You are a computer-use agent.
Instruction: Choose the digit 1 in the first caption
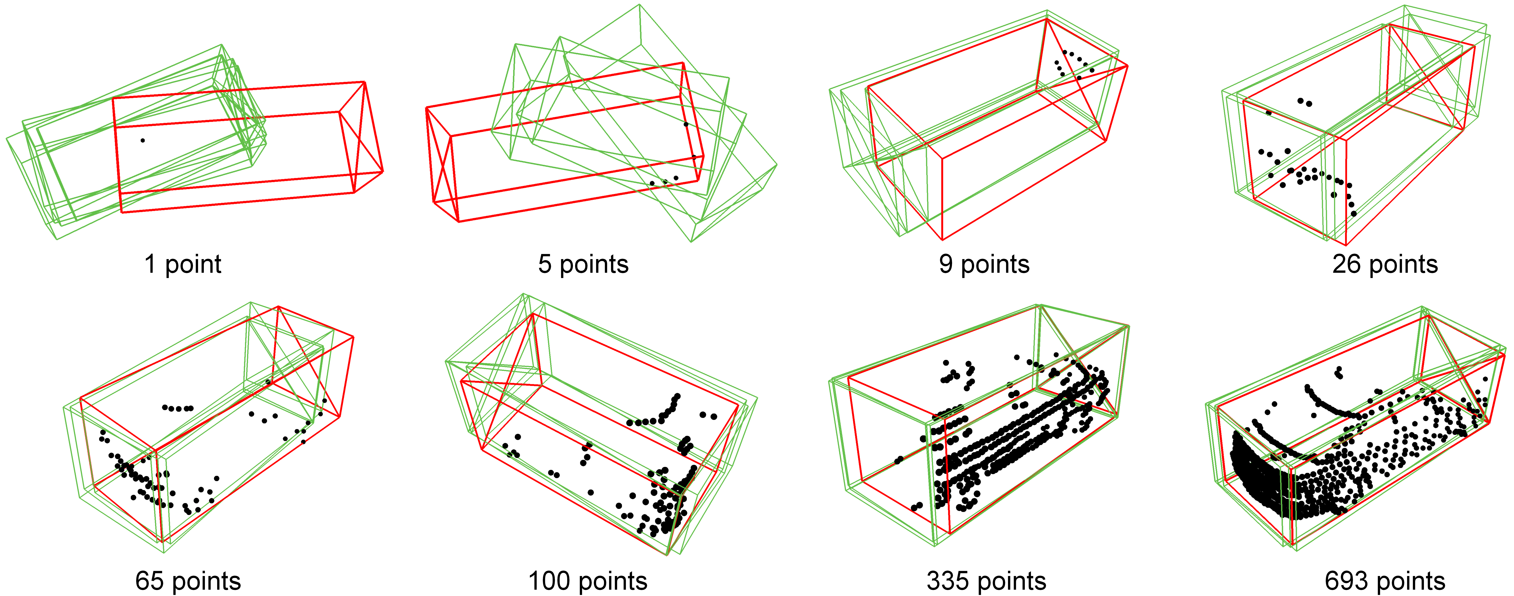click(x=150, y=265)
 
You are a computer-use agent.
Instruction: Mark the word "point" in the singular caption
click(x=193, y=265)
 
